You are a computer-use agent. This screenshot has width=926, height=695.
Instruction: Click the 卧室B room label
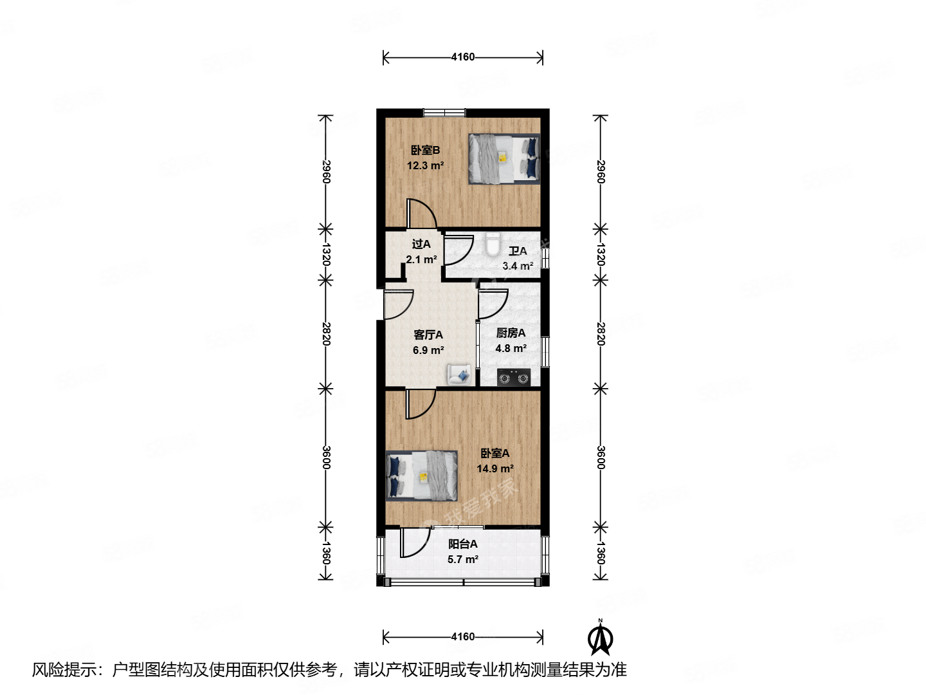click(425, 151)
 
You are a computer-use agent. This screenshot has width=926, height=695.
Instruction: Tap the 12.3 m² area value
click(425, 165)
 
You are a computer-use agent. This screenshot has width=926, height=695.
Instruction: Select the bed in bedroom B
click(504, 159)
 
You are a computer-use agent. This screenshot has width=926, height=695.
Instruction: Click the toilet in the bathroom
click(493, 245)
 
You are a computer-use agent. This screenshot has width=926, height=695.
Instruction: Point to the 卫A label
click(518, 251)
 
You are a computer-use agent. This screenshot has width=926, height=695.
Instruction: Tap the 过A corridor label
click(421, 245)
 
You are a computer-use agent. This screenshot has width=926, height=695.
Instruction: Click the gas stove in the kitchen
click(514, 378)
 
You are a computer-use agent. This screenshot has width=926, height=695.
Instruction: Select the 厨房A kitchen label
click(511, 333)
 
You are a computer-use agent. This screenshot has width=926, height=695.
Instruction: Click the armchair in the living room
click(459, 374)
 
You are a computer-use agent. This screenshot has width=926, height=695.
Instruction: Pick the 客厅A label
click(428, 335)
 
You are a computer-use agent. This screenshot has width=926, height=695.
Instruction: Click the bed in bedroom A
click(421, 476)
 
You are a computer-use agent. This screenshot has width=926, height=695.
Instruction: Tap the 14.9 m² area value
click(495, 469)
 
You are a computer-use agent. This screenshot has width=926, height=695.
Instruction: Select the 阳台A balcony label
click(462, 544)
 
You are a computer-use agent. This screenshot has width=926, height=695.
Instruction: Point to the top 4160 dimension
click(462, 57)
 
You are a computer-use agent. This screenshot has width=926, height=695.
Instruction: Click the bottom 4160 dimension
click(462, 637)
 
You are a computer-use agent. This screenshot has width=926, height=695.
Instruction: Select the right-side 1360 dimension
click(600, 552)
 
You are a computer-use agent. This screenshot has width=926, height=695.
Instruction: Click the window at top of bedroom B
click(443, 113)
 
